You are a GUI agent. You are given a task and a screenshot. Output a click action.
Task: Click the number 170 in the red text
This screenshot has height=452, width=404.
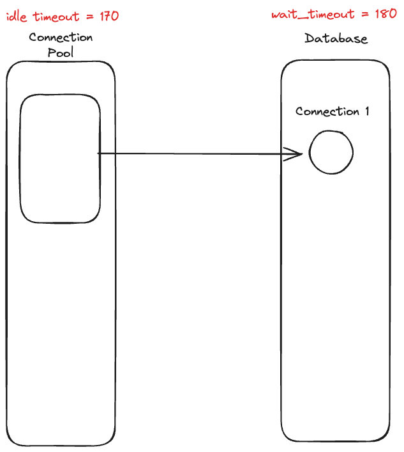tap(107, 16)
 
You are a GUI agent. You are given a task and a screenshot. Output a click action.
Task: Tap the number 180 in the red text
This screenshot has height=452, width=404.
tap(385, 15)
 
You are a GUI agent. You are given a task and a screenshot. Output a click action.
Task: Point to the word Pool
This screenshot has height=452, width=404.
tap(61, 52)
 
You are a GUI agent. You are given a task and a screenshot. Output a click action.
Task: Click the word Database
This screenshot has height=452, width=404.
tap(336, 38)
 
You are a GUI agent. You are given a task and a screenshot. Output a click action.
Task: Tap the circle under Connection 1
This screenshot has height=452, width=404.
tap(331, 153)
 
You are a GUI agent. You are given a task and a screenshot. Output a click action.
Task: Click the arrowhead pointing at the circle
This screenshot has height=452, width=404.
tap(295, 153)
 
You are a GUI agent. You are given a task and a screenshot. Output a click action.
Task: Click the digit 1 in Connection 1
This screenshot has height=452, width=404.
tap(366, 111)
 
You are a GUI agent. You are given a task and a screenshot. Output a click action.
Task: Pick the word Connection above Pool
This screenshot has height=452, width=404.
tap(61, 37)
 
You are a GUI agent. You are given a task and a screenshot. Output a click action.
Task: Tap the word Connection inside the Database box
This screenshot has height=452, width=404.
tap(327, 111)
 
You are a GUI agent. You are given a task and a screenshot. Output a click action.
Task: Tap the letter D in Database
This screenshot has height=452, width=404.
tap(309, 38)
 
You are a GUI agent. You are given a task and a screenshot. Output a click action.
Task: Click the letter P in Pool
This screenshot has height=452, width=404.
tap(52, 52)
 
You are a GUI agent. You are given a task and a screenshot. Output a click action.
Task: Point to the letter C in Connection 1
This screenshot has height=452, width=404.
tap(299, 112)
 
